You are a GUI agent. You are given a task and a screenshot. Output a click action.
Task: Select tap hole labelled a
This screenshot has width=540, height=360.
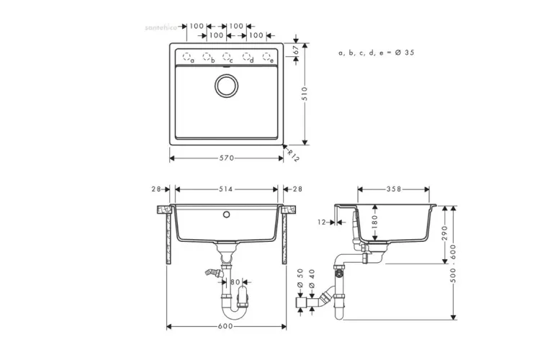tap(188, 56)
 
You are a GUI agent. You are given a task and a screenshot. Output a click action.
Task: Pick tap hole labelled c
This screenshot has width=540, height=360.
tap(226, 56)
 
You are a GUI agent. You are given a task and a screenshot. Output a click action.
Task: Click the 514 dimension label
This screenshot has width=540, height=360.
tap(226, 189)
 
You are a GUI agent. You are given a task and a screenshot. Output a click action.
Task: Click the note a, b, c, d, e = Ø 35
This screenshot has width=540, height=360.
tap(376, 53)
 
